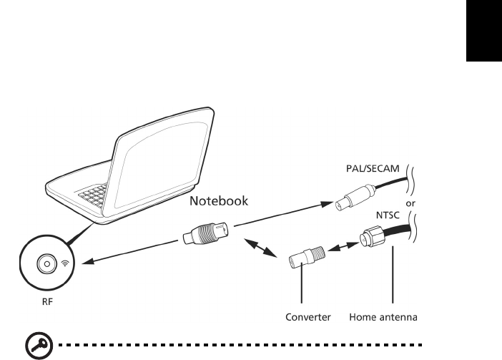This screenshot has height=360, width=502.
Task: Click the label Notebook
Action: (219, 201)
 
